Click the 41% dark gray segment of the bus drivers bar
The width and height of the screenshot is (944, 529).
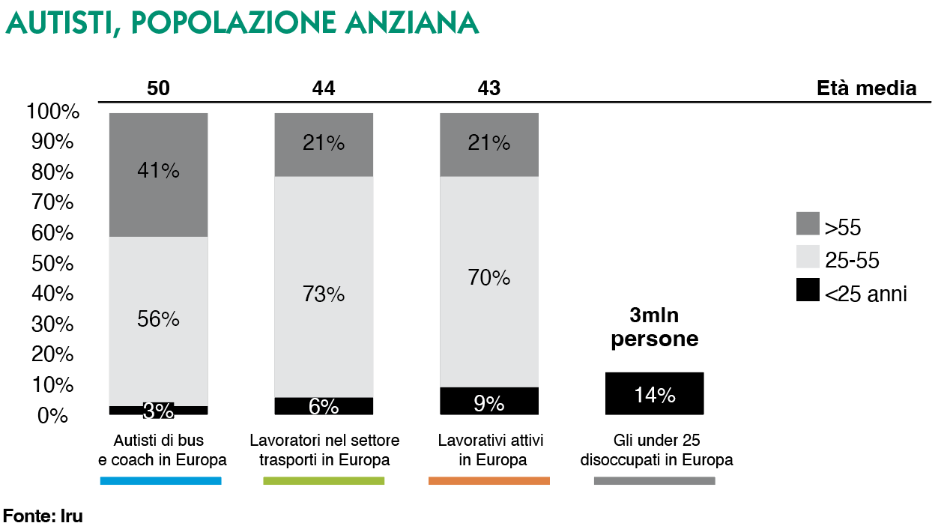[158, 175]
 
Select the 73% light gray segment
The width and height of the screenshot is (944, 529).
[324, 286]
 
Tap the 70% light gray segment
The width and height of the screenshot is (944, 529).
[488, 282]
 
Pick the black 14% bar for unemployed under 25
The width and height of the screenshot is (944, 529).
[654, 393]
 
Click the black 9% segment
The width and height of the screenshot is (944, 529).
[488, 401]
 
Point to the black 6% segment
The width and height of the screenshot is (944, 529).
[324, 405]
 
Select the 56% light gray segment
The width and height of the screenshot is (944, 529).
[158, 321]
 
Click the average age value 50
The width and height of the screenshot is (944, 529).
[158, 88]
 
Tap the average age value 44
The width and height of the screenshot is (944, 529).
[324, 88]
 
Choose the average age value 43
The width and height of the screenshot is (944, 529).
[489, 88]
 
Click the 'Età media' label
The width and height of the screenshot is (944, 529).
[866, 88]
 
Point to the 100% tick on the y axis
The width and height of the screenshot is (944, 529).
[52, 112]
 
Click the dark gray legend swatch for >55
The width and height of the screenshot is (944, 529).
[808, 224]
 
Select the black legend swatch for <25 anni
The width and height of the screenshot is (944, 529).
[808, 290]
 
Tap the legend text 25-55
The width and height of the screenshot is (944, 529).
[852, 261]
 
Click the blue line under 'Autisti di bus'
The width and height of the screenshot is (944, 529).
[160, 480]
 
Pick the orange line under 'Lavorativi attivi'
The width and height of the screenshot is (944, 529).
[488, 480]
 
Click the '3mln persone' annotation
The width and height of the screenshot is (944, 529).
[654, 327]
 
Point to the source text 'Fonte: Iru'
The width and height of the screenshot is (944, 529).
[43, 516]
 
